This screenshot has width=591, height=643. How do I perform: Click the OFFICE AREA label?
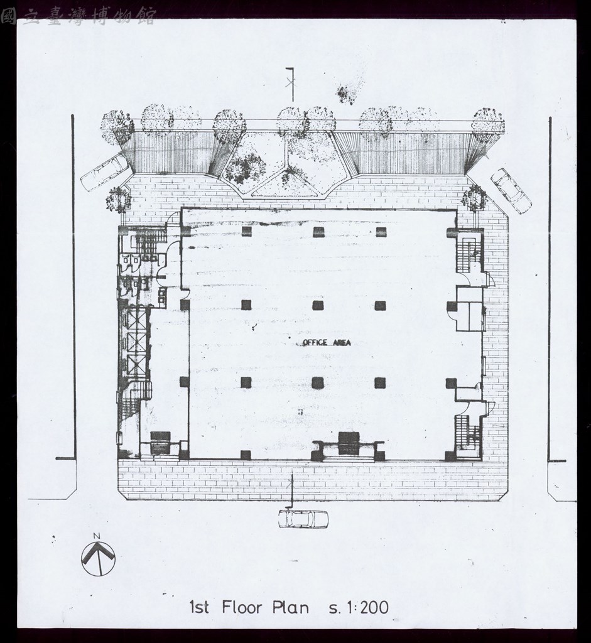(327, 342)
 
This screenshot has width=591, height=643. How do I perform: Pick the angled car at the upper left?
(105, 172)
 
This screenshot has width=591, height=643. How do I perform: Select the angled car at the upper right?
(511, 191)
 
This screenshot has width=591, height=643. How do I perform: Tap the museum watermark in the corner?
(78, 16)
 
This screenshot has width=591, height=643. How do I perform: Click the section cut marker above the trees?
(291, 84)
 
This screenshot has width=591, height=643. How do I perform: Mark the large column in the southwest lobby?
(160, 442)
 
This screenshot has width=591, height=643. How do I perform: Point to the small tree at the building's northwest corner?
(118, 200)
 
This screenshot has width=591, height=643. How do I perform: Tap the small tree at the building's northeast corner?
(474, 198)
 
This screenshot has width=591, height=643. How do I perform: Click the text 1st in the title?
(199, 607)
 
